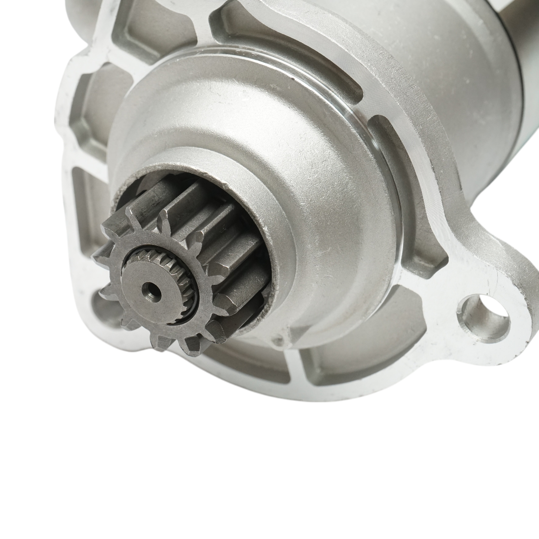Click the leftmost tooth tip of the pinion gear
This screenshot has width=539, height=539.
click(x=97, y=258)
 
